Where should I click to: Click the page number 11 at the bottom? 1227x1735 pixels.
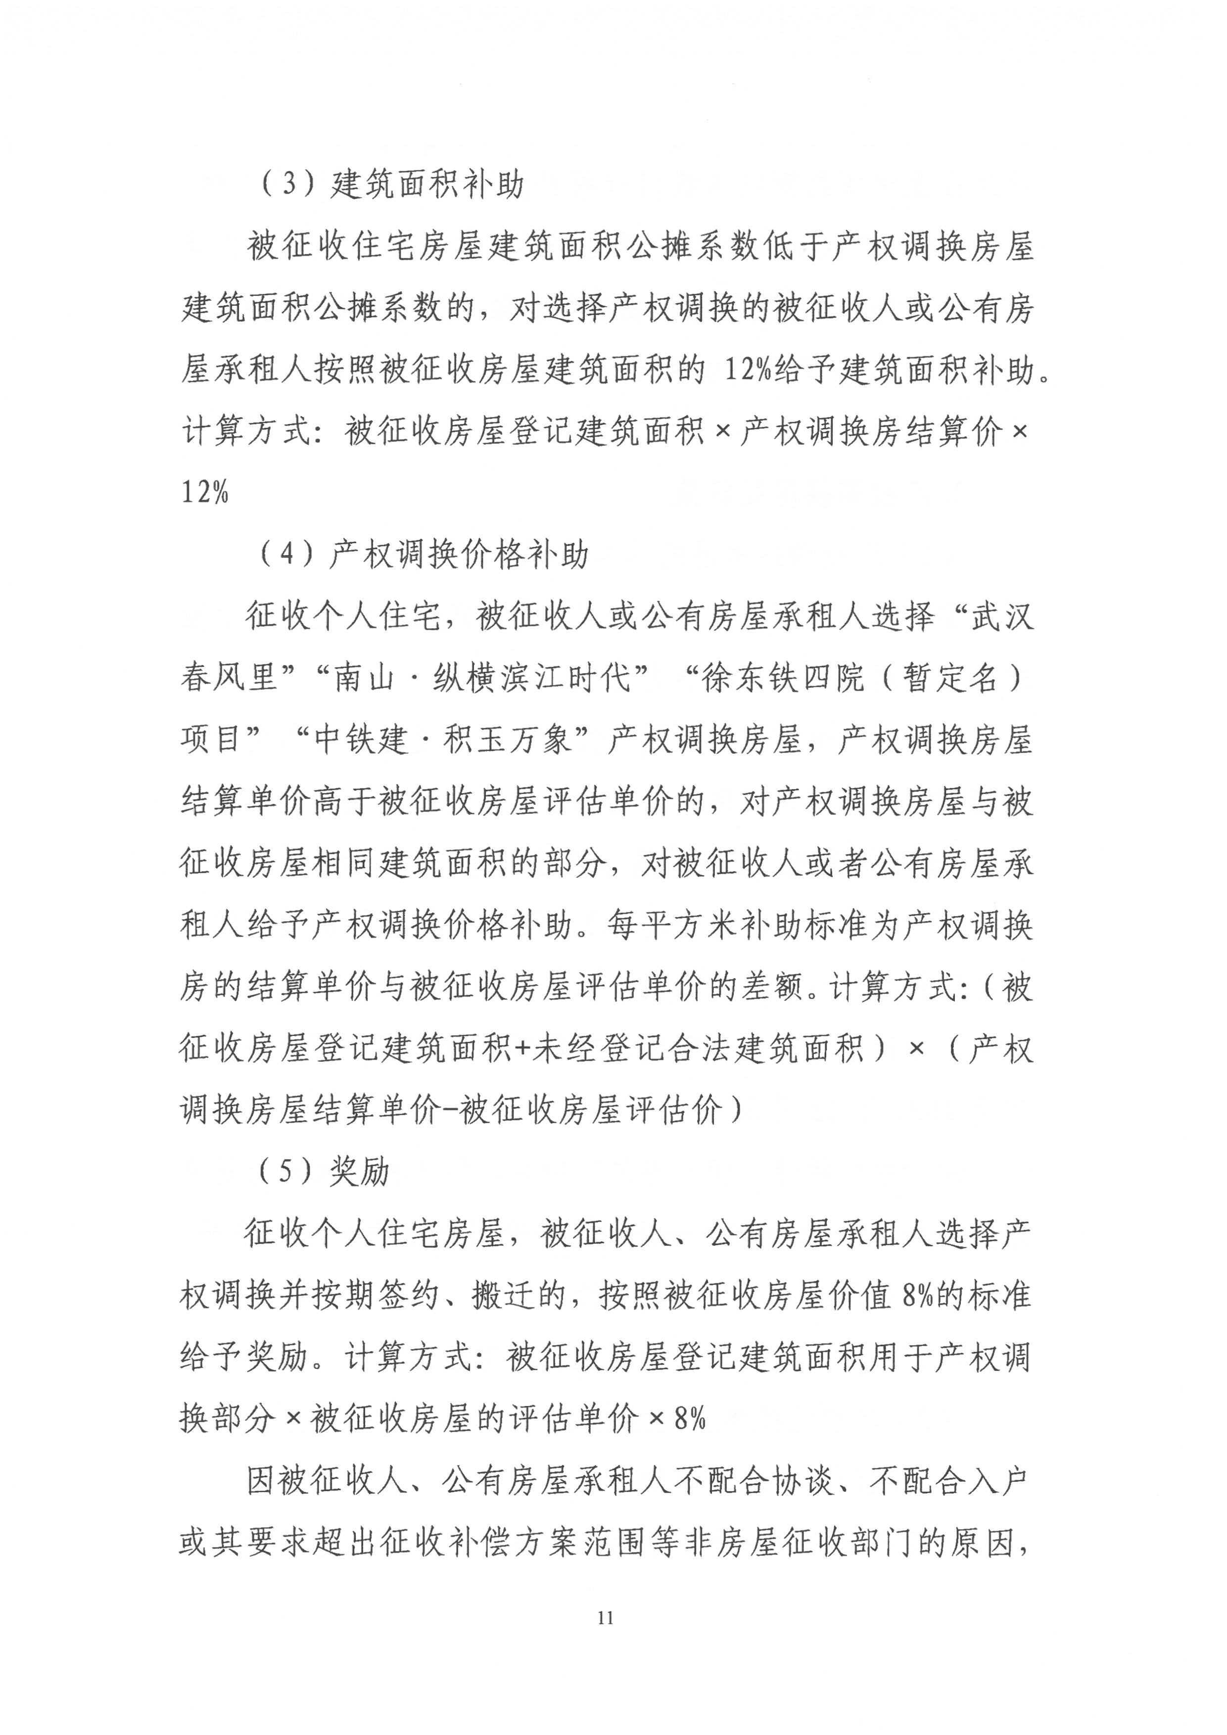[605, 1617]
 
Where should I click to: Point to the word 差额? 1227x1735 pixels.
[771, 986]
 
